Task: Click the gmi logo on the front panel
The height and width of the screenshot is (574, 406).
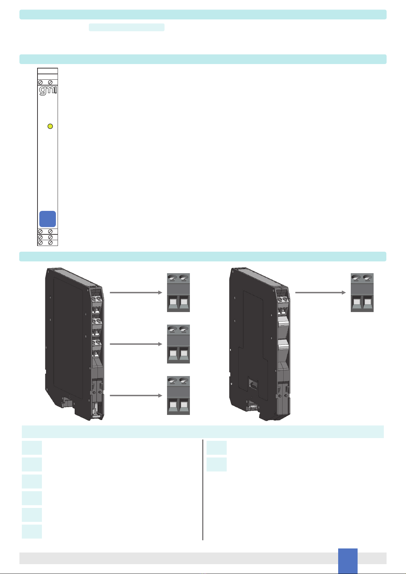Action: (47, 91)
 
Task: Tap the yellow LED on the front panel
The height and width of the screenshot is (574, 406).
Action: (50, 126)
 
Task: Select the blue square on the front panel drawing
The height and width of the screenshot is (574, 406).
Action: (47, 219)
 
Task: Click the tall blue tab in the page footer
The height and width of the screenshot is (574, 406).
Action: (348, 560)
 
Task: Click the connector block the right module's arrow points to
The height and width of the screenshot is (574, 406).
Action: (362, 292)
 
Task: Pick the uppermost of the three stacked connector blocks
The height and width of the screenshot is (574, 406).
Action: (178, 292)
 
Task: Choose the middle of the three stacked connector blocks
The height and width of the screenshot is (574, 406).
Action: (178, 344)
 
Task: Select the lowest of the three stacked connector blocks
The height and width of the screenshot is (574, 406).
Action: (178, 395)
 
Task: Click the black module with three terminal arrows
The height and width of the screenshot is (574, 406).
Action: (73, 344)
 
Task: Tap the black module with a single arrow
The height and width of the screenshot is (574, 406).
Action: (259, 344)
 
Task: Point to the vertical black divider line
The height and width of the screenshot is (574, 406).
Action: (203, 490)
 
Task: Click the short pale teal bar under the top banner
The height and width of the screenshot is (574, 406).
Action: (126, 27)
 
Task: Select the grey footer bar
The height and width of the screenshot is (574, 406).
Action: (177, 558)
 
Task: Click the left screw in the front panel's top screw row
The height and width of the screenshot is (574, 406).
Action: (40, 82)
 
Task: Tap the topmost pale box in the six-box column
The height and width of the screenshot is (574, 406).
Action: (32, 448)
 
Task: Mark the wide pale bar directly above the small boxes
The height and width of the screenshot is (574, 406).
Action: (202, 432)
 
